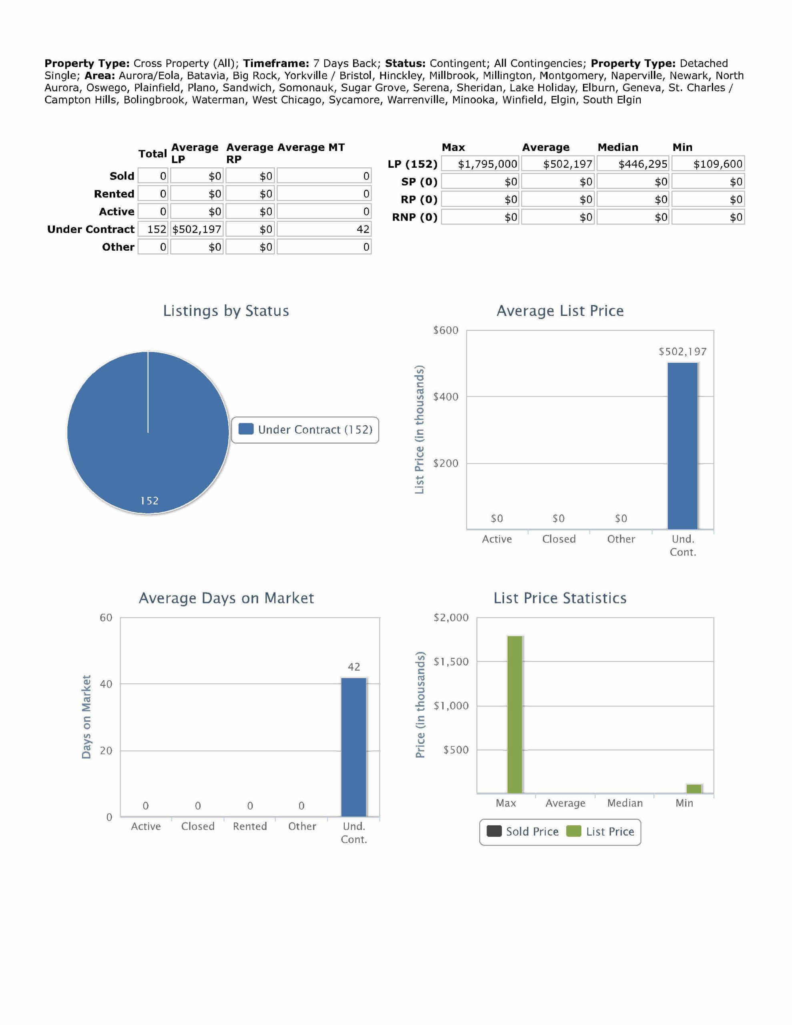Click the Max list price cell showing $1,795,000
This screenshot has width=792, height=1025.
480,164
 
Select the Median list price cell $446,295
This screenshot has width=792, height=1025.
632,164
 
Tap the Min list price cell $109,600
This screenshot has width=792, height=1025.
708,164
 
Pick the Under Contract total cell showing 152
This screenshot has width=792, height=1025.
153,229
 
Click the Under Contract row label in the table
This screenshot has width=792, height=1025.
90,229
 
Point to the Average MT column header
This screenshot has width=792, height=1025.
311,147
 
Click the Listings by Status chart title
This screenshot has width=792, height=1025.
226,311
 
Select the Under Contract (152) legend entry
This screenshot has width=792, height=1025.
305,430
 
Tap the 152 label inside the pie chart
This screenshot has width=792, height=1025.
149,501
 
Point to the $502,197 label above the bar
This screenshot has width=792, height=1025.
683,352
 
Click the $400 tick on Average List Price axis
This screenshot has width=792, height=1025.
445,396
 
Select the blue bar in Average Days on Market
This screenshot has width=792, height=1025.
354,747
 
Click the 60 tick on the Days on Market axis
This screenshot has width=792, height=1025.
106,618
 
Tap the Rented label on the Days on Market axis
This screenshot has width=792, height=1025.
250,826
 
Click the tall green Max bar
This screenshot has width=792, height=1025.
515,714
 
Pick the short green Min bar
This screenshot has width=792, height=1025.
694,788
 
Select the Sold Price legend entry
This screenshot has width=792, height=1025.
523,832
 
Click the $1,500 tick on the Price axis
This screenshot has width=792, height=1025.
451,662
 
